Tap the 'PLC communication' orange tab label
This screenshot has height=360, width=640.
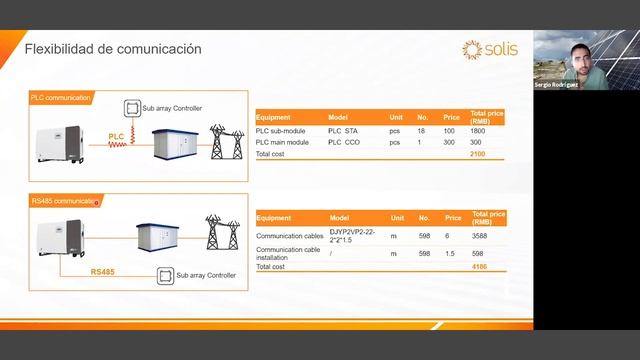click(x=60, y=97)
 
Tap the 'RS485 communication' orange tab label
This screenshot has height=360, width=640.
click(x=65, y=201)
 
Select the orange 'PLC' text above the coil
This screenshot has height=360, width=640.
click(x=116, y=133)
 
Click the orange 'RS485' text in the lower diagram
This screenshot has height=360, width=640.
click(x=102, y=271)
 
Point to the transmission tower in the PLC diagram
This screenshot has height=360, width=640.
click(x=224, y=143)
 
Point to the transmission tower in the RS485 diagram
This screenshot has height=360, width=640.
click(x=222, y=231)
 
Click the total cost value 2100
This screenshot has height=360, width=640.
click(x=477, y=155)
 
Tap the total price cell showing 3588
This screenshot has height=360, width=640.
click(x=479, y=236)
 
